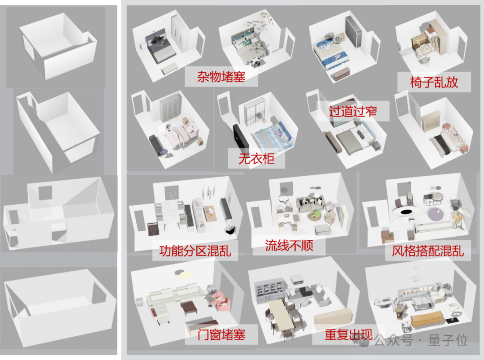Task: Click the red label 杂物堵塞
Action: pyautogui.click(x=221, y=76)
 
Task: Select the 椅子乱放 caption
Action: pyautogui.click(x=434, y=82)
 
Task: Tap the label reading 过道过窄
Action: pyautogui.click(x=353, y=111)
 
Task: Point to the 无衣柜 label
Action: pyautogui.click(x=256, y=158)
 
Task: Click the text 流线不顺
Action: pyautogui.click(x=289, y=245)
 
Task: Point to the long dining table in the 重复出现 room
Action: pyautogui.click(x=281, y=317)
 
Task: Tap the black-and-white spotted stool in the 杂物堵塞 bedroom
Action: pyautogui.click(x=256, y=62)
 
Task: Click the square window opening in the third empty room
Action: pyautogui.click(x=45, y=192)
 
